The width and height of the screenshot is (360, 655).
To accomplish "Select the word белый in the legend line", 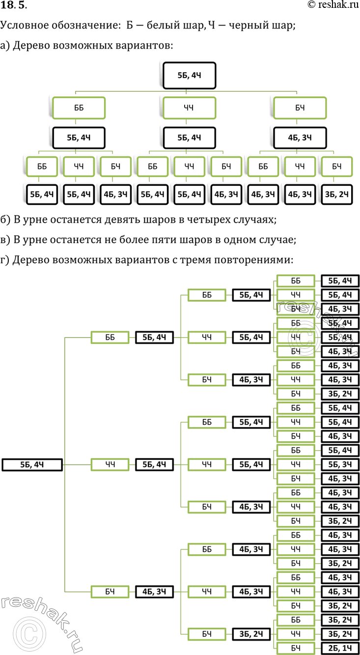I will coord(152,26).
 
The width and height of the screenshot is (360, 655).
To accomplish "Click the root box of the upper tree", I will coord(189,75).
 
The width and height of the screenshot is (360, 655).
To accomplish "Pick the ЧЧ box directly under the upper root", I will coord(189,108).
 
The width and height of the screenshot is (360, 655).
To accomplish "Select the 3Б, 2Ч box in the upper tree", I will coord(336,195).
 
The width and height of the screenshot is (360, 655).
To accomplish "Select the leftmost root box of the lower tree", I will coord(32,464).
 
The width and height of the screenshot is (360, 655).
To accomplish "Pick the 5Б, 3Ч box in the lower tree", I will coord(340,464).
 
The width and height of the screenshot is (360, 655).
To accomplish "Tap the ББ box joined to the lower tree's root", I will coord(110,338).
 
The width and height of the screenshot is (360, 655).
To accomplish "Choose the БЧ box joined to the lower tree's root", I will coord(110,592).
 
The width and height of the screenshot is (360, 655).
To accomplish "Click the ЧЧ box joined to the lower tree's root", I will coord(110,464).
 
